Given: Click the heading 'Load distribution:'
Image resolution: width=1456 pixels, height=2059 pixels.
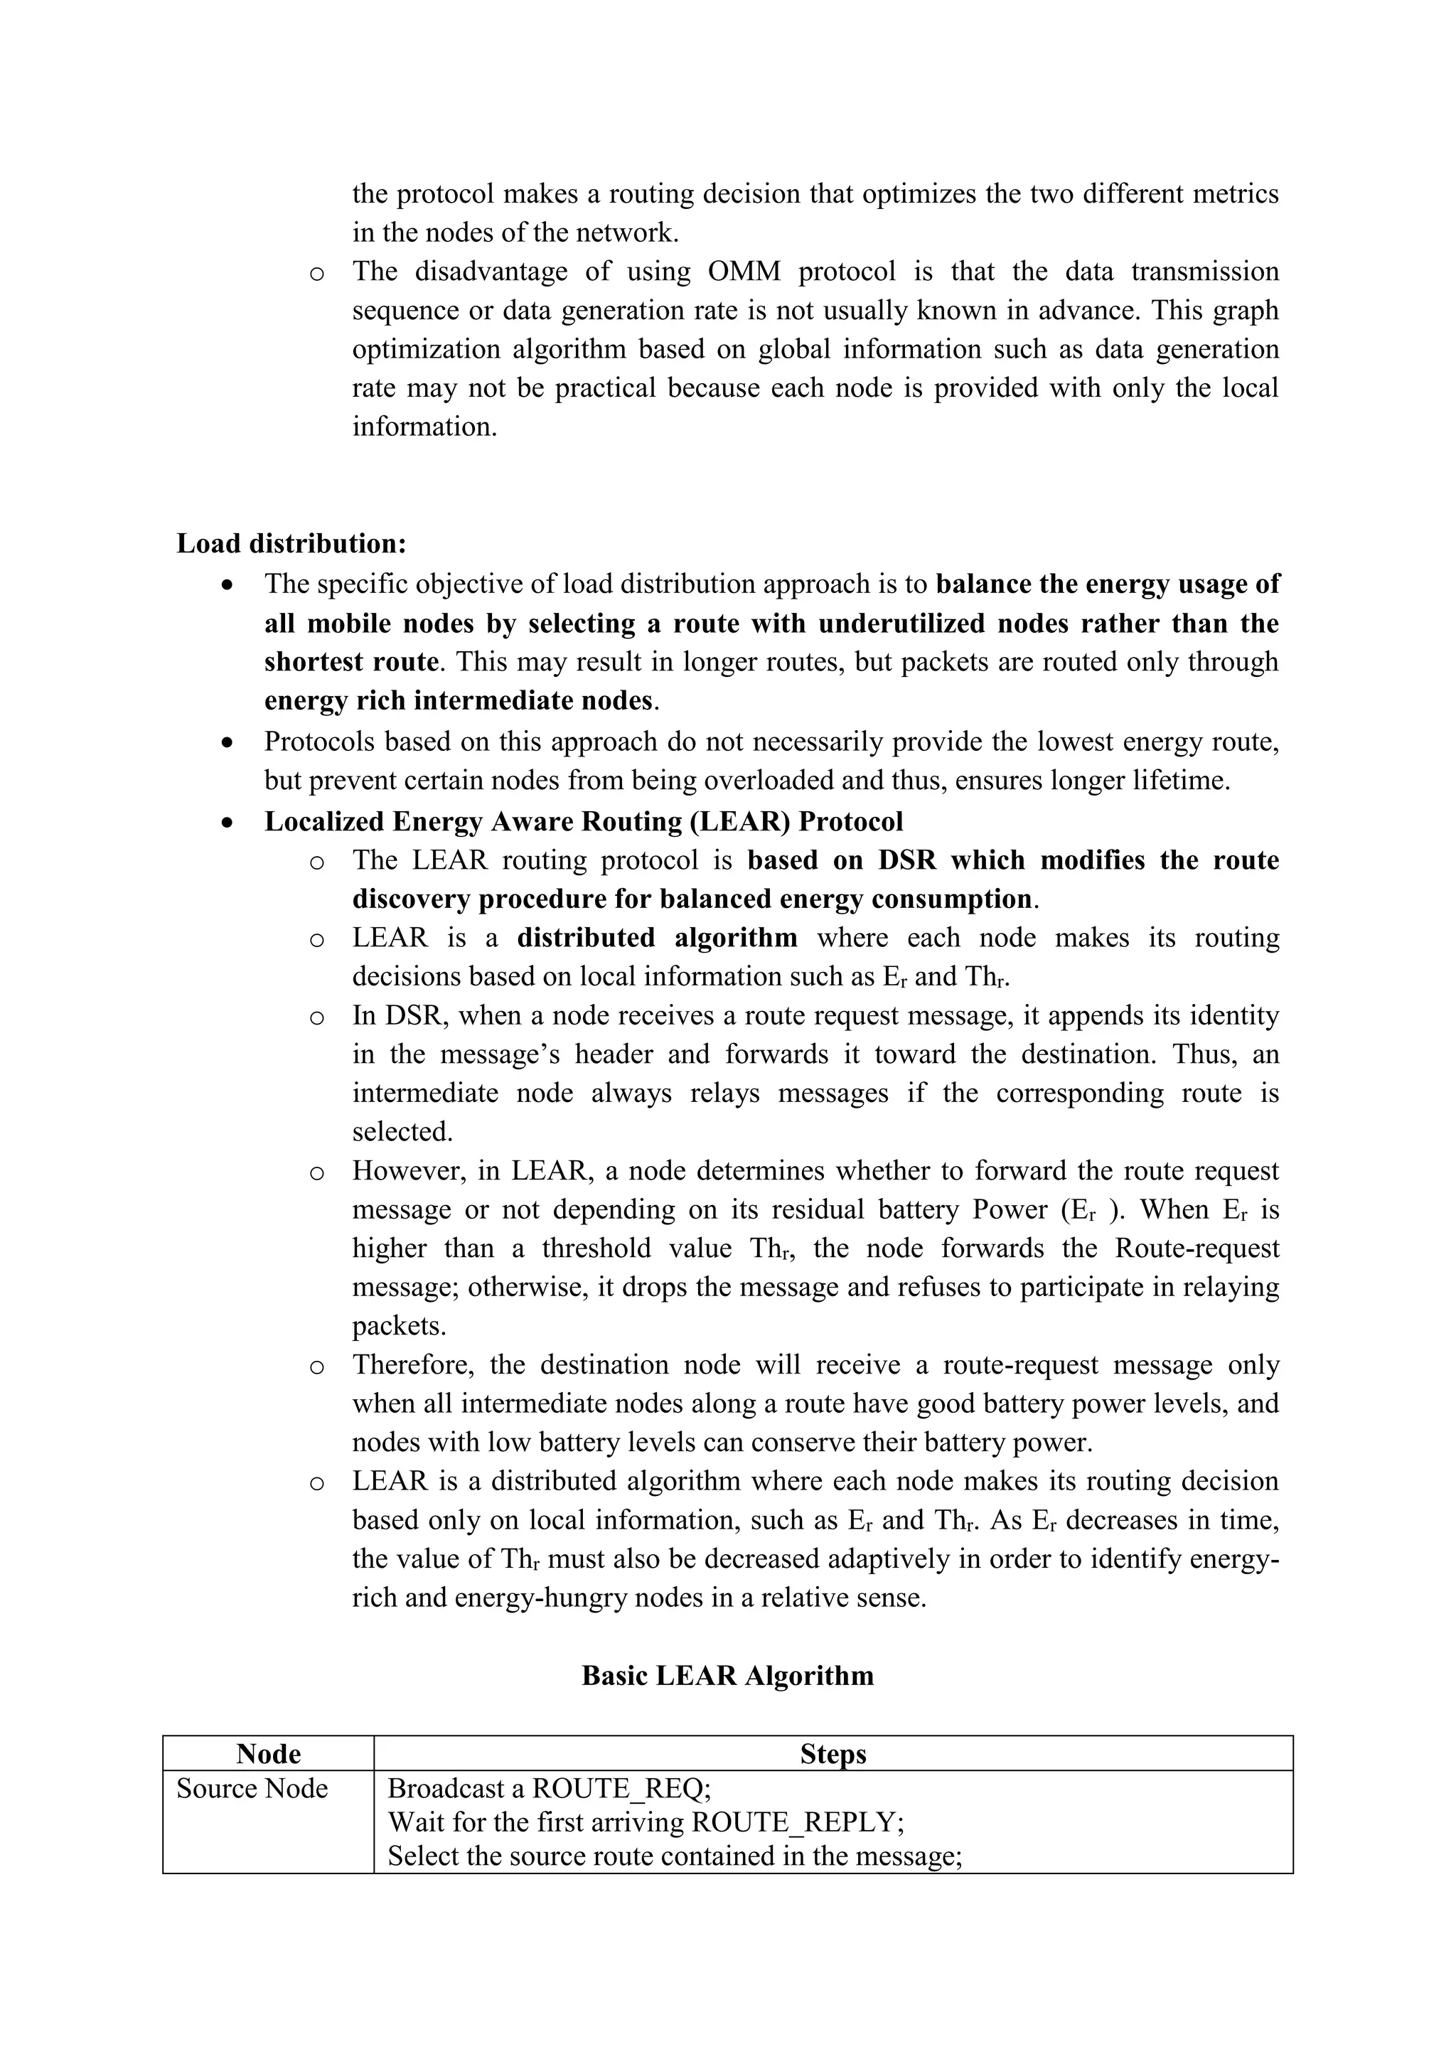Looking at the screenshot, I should click(x=291, y=543).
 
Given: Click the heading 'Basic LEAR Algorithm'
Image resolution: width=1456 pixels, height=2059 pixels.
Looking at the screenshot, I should click(x=727, y=1675).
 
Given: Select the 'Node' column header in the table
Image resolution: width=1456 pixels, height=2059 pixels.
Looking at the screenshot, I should click(x=268, y=1754).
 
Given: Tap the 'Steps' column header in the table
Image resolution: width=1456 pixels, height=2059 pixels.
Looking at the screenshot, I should click(x=833, y=1754).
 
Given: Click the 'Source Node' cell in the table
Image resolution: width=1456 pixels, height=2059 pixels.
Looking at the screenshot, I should click(x=252, y=1789).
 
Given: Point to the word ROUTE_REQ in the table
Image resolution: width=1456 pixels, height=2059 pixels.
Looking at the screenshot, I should click(x=619, y=1789).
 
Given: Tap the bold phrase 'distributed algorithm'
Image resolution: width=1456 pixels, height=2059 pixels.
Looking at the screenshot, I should click(x=657, y=938).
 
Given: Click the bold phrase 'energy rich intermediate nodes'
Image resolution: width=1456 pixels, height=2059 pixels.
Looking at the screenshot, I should click(x=458, y=700).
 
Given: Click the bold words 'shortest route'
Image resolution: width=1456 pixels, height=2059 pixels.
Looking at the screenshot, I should click(x=351, y=662).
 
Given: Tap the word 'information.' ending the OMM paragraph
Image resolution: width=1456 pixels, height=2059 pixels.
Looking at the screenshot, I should click(x=424, y=426).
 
